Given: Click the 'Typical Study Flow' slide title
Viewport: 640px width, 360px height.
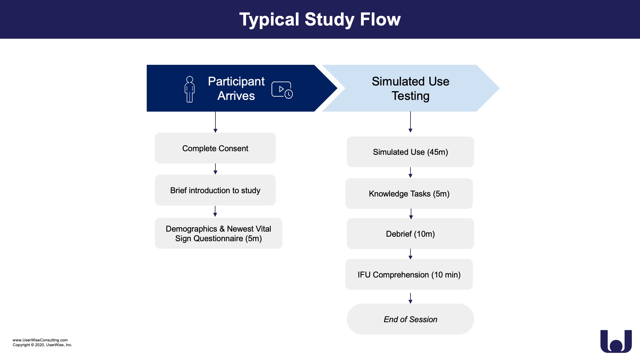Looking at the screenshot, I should pos(320,19).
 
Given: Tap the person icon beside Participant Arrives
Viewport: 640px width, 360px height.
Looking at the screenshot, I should pos(190,89).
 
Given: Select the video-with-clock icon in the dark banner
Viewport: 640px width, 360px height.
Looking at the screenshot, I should pos(282,90).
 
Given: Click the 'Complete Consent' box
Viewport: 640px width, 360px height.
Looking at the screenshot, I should pos(215,148).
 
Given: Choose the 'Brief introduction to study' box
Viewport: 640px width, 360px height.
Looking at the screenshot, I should pos(215,190).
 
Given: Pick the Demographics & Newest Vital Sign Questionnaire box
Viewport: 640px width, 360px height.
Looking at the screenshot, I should pos(218,233).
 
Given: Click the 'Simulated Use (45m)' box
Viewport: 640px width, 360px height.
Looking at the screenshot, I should pos(410,152).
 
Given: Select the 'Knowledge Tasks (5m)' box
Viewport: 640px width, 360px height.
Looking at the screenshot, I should pos(409,194).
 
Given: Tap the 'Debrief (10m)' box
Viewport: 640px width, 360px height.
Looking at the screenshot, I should pos(410,234).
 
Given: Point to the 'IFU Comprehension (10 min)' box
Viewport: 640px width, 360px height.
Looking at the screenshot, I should pos(409,274).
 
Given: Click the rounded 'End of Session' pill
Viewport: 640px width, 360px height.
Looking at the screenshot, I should pos(410,319).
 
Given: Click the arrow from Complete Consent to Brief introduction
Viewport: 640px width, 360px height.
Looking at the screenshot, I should pos(215,169).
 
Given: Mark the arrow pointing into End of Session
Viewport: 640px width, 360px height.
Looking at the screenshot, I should pos(410,298).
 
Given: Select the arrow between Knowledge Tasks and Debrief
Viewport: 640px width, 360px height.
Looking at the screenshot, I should pos(411,214).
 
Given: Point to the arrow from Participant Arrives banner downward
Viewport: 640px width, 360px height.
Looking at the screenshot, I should pos(215,122).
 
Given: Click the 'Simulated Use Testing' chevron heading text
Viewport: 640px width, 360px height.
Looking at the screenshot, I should pos(410,88).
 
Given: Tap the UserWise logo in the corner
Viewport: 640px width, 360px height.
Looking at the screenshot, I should pos(616,341).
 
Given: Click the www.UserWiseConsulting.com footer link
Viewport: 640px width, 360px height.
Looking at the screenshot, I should pos(40,340).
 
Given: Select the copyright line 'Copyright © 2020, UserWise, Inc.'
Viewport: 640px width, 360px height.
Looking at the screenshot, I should pos(42,345).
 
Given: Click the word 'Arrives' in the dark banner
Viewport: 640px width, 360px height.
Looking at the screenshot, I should pos(236,96).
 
